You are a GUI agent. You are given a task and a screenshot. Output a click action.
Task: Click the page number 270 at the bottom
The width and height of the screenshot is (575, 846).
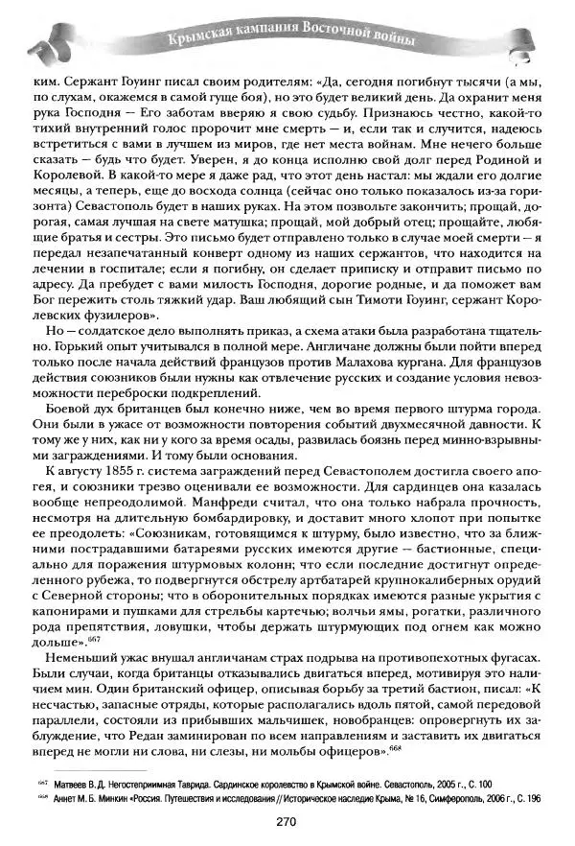point(288,821)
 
